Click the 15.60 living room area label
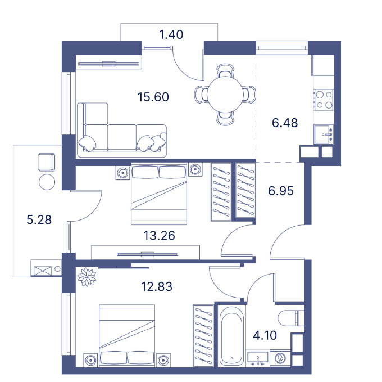click(x=153, y=97)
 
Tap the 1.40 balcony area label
click(x=171, y=34)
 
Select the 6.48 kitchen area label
click(x=285, y=123)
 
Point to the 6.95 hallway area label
click(x=281, y=191)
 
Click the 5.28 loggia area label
click(x=39, y=219)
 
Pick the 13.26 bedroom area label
click(x=159, y=236)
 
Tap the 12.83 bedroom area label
click(x=157, y=286)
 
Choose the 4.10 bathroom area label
click(x=265, y=335)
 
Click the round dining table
click(x=225, y=95)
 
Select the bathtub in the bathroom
click(x=231, y=336)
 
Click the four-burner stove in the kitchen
click(x=324, y=100)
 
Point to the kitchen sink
click(x=324, y=134)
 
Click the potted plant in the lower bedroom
click(x=87, y=277)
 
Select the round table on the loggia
click(x=47, y=182)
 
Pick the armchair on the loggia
click(x=47, y=162)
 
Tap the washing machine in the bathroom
click(x=280, y=358)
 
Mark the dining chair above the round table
click(x=225, y=71)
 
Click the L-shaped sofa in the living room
click(x=122, y=131)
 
